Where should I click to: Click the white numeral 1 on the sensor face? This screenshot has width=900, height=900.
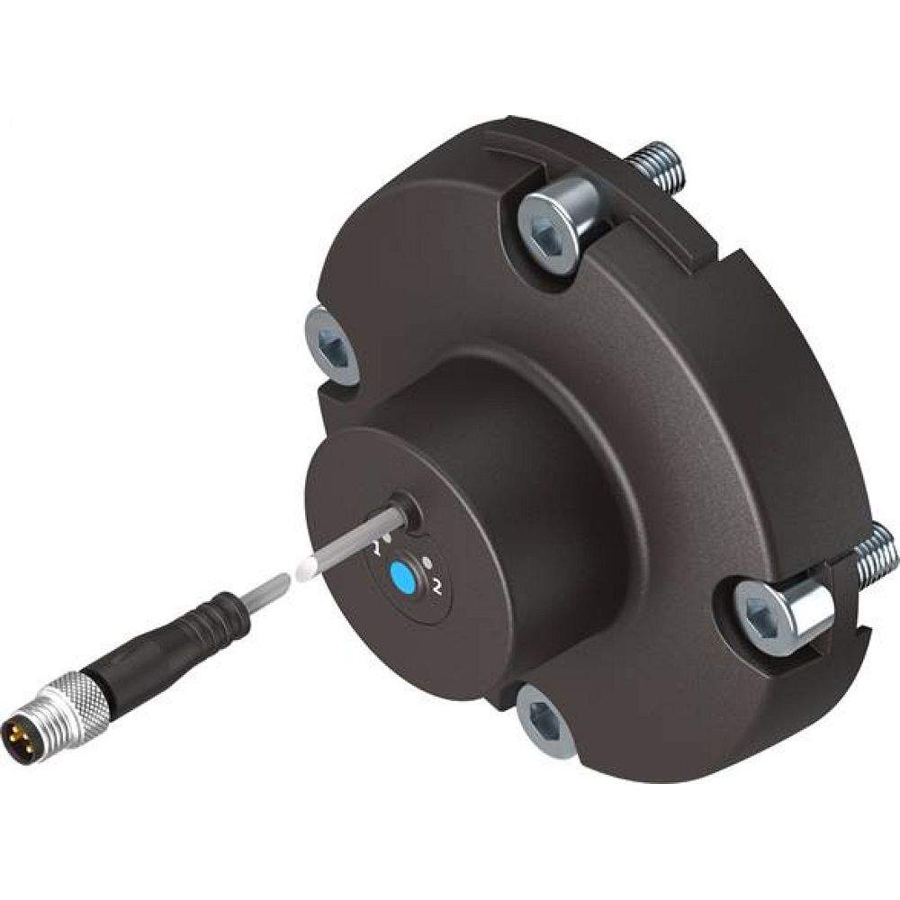[x=379, y=544]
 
